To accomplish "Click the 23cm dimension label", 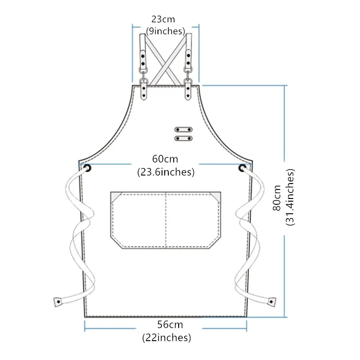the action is pos(163,19).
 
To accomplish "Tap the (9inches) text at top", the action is pos(165,31).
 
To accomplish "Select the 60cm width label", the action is pos(165,159).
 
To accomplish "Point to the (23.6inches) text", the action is pos(166,172).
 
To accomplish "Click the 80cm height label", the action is pos(277,198).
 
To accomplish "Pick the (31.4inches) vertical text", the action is pos(290,197).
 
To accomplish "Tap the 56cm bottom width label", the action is pos(170,324).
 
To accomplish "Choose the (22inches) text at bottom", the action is pos(166,338).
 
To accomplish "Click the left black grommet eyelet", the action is pos(87,168).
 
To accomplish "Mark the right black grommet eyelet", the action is pos(242,168).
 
